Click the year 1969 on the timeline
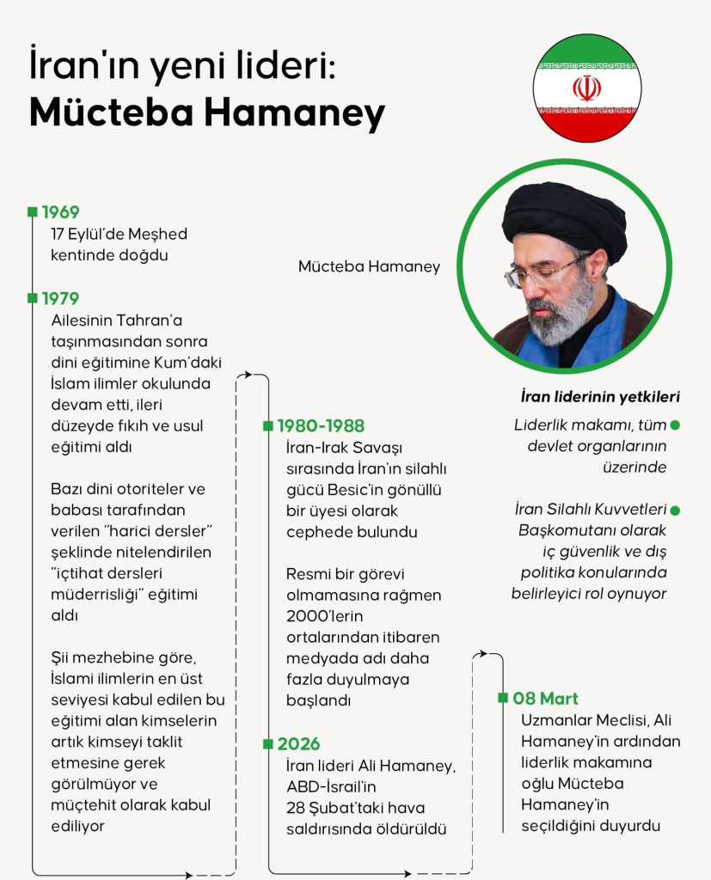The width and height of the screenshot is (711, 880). pos(60,212)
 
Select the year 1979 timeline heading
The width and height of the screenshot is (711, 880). pos(60,298)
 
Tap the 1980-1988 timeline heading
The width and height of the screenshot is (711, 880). pos(320,425)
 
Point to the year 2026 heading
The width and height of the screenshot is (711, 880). pos(297,743)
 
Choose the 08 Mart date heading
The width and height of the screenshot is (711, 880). pos(545,698)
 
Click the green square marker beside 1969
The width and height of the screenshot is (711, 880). pos(33,211)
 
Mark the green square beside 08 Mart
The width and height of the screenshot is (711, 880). pos(503,698)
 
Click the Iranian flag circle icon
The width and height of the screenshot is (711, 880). pos(586,88)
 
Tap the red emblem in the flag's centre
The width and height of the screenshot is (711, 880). pos(586,88)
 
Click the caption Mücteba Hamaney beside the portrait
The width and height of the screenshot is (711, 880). pos(369,266)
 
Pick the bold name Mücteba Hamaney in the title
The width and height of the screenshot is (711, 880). pos(207,112)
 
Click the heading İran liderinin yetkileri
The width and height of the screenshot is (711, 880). pos(600,397)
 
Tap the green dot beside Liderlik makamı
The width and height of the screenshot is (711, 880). pos(675,425)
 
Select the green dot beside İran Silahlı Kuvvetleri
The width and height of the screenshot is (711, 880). pos(675,510)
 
